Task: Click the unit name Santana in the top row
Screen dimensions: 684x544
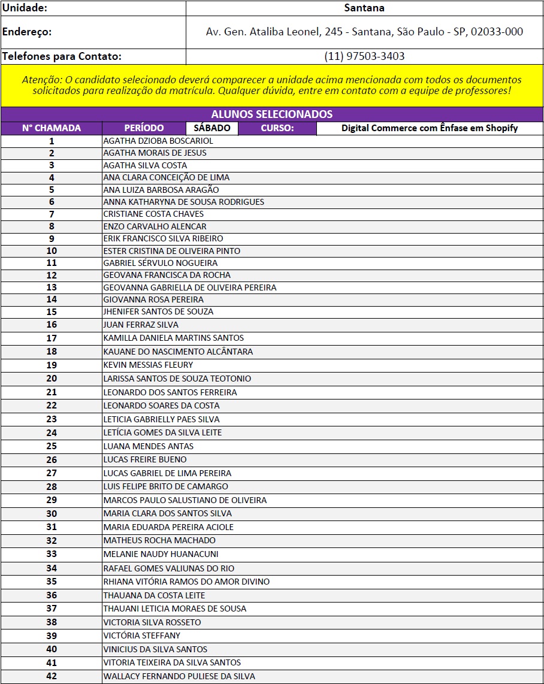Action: pos(364,8)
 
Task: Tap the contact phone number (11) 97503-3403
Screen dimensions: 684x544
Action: pos(364,56)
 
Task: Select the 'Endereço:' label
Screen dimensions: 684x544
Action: pos(28,32)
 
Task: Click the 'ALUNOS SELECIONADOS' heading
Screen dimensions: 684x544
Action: pos(271,114)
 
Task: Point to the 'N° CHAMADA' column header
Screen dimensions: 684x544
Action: pos(52,128)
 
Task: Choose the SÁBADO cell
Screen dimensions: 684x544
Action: pos(212,128)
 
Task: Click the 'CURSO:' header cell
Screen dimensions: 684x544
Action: pos(277,128)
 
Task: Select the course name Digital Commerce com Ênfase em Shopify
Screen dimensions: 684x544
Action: pos(430,128)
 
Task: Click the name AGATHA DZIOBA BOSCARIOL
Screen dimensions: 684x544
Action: pos(158,141)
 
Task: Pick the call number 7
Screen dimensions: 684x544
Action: pos(52,214)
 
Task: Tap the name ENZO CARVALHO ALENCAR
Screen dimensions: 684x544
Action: pos(155,226)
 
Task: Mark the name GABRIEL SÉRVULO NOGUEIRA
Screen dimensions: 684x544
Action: pos(161,263)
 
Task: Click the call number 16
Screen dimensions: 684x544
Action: pos(52,325)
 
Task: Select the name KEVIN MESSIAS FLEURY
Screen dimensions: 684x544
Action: pos(148,365)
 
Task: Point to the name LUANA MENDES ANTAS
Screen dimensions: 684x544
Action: pos(148,446)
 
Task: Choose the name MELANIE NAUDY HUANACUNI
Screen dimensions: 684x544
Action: pos(161,554)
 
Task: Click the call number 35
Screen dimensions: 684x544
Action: pos(52,582)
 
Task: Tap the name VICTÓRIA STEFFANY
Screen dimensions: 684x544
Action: pos(141,635)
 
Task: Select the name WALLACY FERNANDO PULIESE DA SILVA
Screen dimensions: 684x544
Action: pos(179,676)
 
